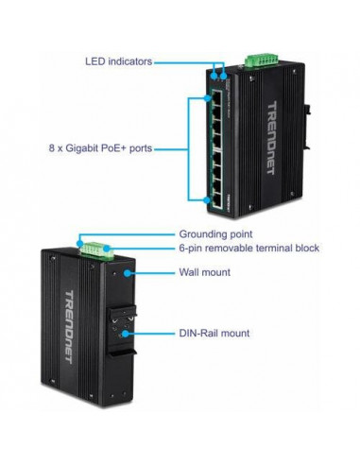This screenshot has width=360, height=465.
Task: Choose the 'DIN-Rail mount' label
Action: (x=215, y=333)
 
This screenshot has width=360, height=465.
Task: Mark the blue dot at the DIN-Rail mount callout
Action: (x=125, y=333)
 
